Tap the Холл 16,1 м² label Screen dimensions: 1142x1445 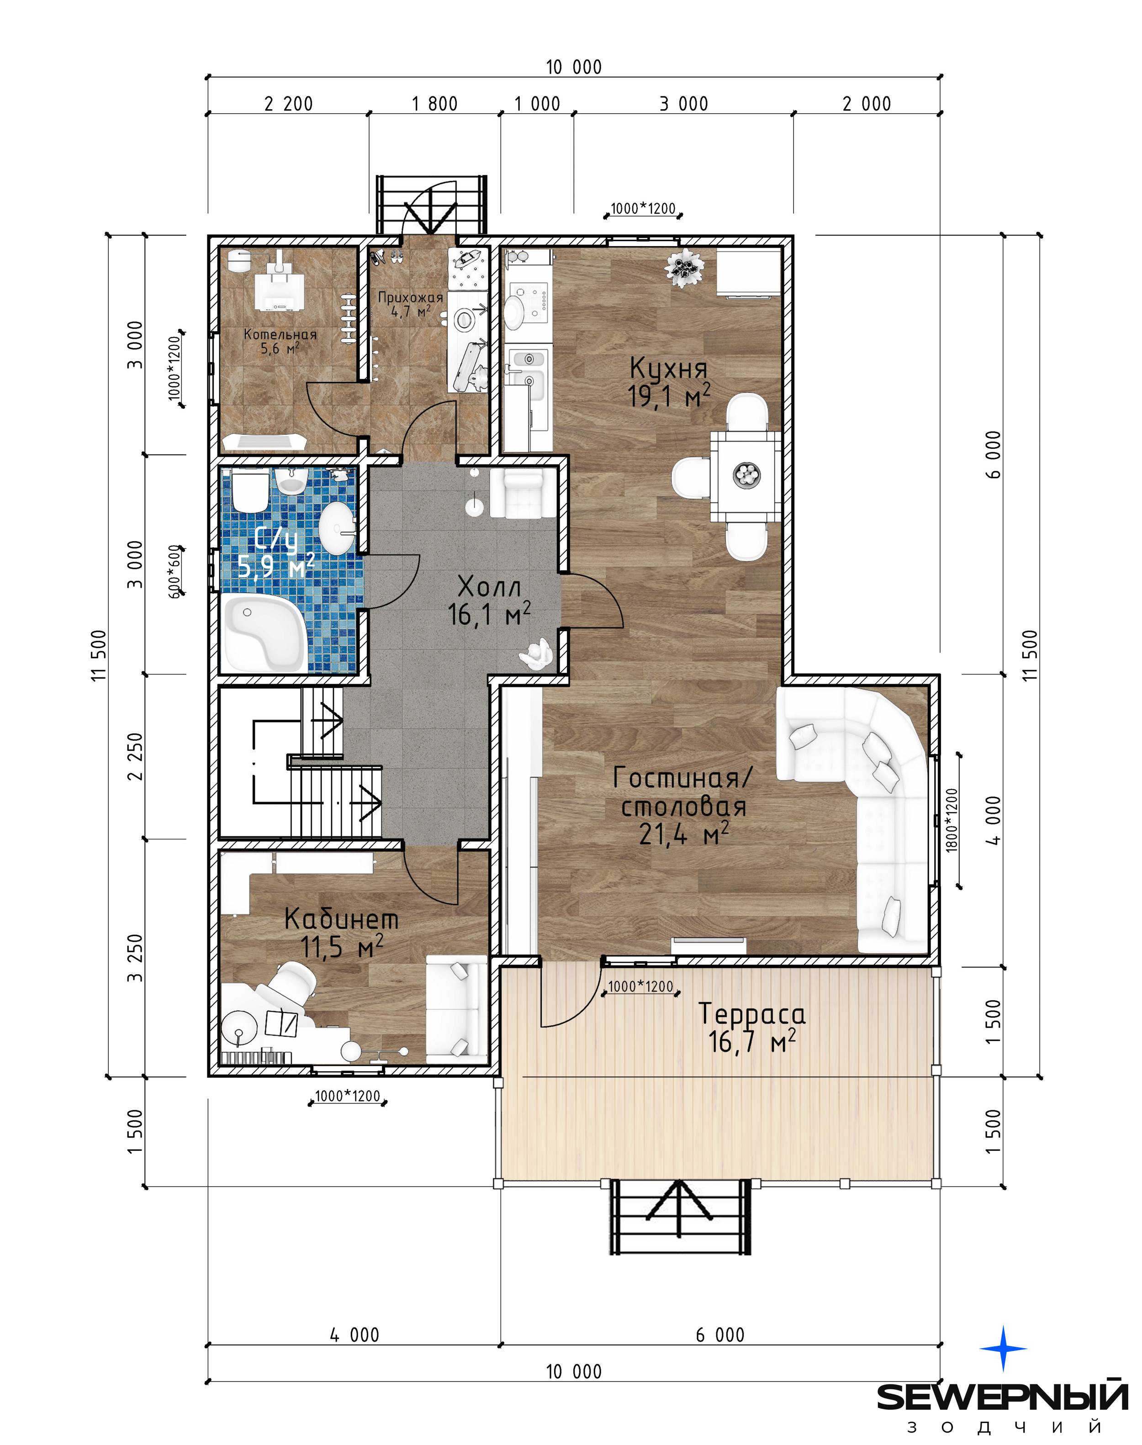pyautogui.click(x=489, y=601)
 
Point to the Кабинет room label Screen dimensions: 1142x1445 pyautogui.click(x=341, y=918)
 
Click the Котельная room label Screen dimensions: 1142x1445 pyautogui.click(x=280, y=334)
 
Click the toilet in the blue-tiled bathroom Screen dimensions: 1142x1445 pyautogui.click(x=251, y=491)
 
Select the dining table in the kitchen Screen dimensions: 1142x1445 pyautogui.click(x=745, y=476)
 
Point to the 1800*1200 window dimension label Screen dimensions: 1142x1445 pyautogui.click(x=952, y=820)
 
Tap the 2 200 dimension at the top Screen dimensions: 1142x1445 pyautogui.click(x=288, y=104)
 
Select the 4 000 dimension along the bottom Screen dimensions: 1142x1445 pyautogui.click(x=354, y=1335)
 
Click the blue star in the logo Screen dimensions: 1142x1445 pyautogui.click(x=1003, y=1349)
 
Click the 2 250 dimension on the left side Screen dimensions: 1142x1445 pyautogui.click(x=136, y=757)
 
